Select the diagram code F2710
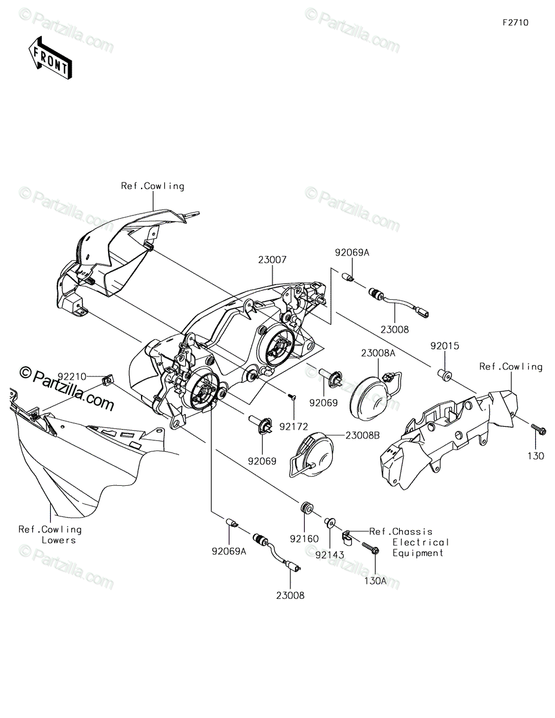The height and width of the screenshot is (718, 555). click(x=516, y=23)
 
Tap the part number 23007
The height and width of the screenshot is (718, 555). click(x=272, y=260)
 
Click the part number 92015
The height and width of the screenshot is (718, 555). click(x=444, y=346)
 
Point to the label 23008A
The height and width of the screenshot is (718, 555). click(x=378, y=353)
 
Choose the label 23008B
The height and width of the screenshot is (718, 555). click(x=363, y=436)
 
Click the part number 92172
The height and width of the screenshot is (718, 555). click(x=293, y=427)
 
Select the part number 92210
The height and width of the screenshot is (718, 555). click(x=72, y=377)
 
